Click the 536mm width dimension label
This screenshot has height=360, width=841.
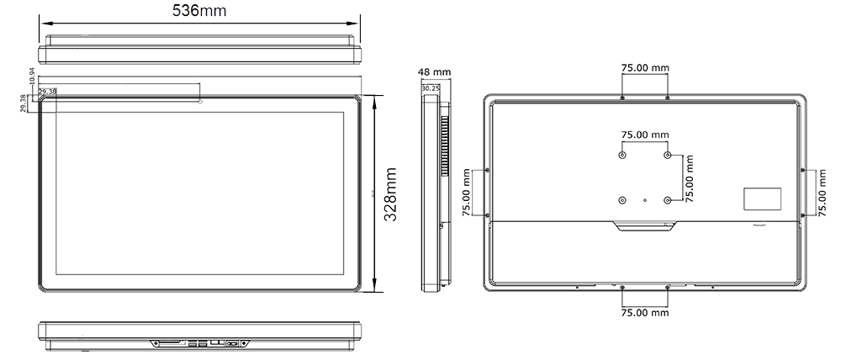[x=199, y=11]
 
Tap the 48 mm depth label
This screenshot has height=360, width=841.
[x=435, y=72]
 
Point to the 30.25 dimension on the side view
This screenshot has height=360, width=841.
[x=431, y=87]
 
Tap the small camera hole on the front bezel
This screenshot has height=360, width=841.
[x=200, y=102]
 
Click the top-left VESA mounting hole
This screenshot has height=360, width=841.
[x=622, y=156]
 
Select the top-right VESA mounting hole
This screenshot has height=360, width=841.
[x=668, y=156]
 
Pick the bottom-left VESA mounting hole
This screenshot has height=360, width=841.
[x=622, y=200]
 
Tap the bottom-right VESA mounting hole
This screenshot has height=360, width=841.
[x=668, y=200]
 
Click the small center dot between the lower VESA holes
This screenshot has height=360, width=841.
[x=645, y=201]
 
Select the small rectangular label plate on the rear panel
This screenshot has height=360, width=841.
[x=760, y=198]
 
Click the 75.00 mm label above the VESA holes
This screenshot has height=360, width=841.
[x=645, y=135]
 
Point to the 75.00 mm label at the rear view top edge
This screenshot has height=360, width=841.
[x=645, y=68]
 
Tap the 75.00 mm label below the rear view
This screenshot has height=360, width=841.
[x=645, y=313]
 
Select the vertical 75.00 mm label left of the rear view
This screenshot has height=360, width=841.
[x=467, y=193]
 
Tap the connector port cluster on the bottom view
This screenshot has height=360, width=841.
[x=199, y=343]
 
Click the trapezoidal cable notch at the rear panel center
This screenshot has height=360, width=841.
[x=644, y=225]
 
